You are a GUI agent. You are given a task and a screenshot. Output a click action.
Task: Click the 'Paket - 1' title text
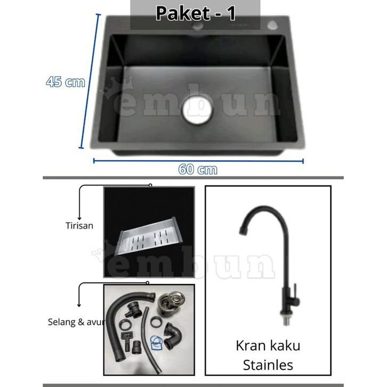click(x=195, y=14)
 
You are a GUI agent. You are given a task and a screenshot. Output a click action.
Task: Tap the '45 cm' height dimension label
click(x=66, y=82)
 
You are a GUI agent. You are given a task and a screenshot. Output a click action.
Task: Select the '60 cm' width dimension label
click(x=198, y=170)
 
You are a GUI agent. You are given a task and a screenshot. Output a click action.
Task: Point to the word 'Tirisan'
click(x=79, y=225)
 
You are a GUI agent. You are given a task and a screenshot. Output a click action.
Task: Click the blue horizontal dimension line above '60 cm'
click(x=198, y=160)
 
